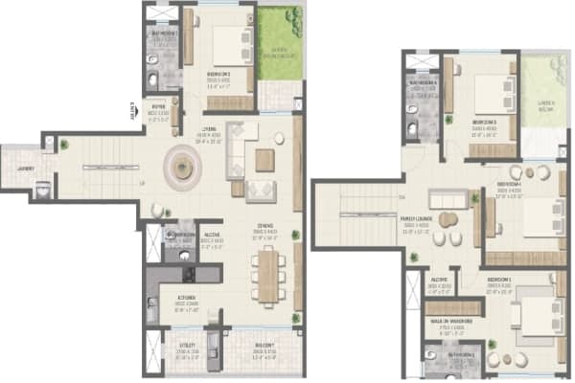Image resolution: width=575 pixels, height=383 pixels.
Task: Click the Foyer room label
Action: pos(158,107)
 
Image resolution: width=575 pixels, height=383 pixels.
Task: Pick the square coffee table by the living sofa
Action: pos(264,160)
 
